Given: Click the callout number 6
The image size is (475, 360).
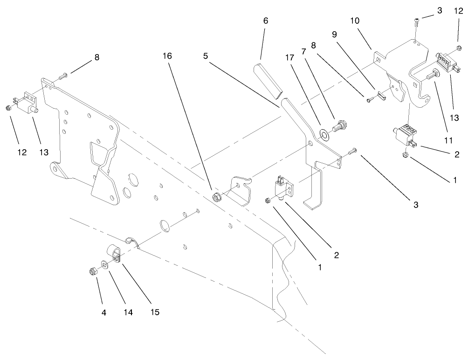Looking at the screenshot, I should tap(265, 21).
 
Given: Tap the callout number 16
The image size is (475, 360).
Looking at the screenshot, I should tap(167, 56).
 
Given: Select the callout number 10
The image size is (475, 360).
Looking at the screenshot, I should tap(355, 21).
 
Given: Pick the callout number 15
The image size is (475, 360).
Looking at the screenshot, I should tap(155, 312).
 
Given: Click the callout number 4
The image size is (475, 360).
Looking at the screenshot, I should tap(104, 312).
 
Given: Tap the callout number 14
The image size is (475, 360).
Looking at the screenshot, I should tap(128, 312).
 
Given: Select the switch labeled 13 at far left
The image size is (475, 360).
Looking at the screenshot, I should tap(25, 104).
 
